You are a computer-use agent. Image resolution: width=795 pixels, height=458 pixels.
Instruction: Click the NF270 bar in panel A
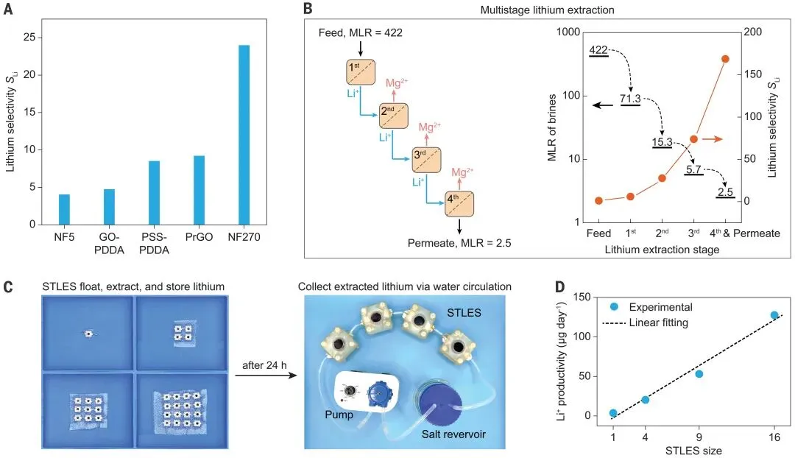[244, 135]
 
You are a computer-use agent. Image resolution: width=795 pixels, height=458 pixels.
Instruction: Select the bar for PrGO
[199, 190]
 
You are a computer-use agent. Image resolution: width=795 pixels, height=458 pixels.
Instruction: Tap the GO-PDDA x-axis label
[108, 243]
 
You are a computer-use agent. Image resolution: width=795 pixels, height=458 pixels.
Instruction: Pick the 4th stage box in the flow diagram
[459, 203]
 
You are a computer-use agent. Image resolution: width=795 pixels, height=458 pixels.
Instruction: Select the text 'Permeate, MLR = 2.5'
[459, 241]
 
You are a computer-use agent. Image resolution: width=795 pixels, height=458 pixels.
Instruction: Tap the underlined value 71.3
[631, 99]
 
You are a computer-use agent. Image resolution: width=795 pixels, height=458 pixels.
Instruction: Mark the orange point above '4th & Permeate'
[725, 59]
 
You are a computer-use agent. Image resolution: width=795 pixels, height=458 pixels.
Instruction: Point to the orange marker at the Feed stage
[598, 200]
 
